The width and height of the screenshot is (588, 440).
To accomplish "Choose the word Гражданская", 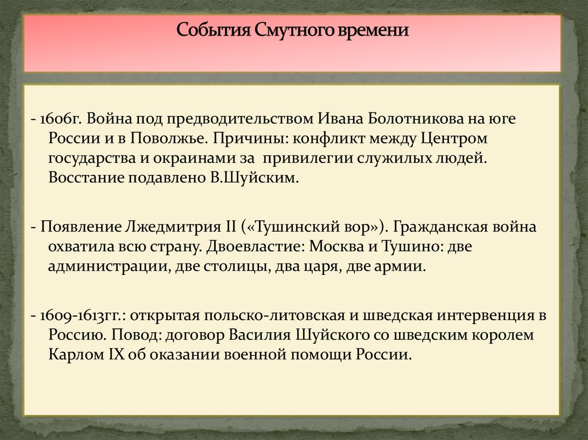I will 444,227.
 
